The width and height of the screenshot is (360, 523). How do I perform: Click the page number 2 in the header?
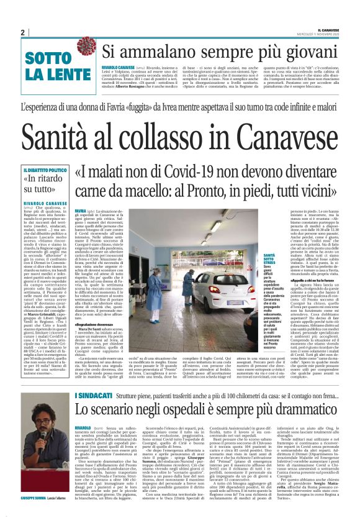click(x=23, y=32)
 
